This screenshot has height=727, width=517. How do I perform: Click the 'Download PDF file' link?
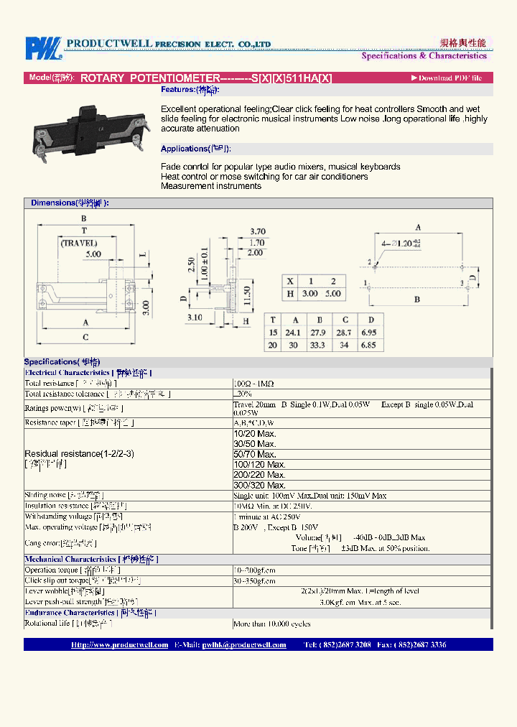[447, 78]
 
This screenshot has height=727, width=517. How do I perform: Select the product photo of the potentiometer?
[88, 129]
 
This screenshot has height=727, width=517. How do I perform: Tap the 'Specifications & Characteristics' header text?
[424, 55]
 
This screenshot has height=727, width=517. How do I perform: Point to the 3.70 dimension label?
[258, 231]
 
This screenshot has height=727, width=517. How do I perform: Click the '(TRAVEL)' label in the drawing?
[79, 243]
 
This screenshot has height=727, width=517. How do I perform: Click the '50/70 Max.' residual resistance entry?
[255, 454]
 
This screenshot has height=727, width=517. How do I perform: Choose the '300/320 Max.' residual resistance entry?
[259, 485]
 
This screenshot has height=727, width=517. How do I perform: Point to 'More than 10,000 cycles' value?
[272, 624]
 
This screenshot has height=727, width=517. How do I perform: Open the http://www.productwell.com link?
[119, 644]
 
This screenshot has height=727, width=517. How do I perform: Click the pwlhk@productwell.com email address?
[243, 644]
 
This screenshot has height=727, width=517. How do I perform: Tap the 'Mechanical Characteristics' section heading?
[70, 559]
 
